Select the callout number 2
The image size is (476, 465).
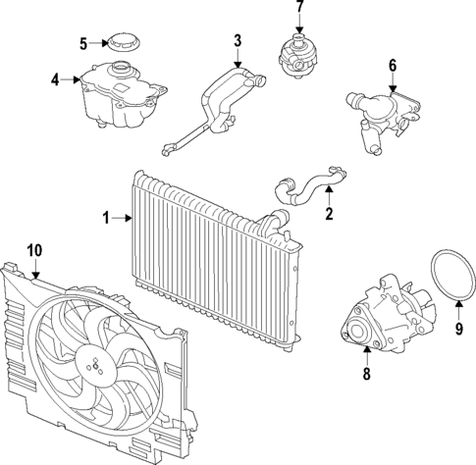pyautogui.click(x=329, y=213)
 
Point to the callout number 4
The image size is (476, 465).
pyautogui.click(x=55, y=80)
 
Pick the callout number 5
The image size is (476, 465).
pyautogui.click(x=83, y=42)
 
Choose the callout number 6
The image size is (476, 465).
pyautogui.click(x=393, y=66)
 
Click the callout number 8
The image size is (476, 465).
pyautogui.click(x=366, y=373)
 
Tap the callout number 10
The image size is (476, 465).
pyautogui.click(x=34, y=251)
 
